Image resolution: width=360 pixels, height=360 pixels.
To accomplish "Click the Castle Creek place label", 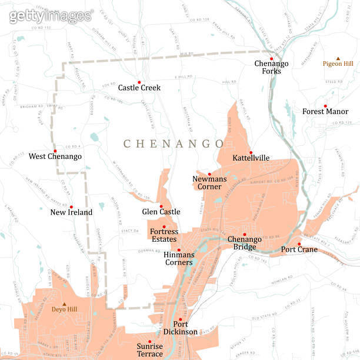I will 139,88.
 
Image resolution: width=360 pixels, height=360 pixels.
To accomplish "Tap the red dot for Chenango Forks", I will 272,59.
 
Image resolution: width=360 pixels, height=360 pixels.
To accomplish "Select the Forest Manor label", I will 325,111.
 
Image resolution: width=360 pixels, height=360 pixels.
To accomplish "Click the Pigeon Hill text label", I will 338,64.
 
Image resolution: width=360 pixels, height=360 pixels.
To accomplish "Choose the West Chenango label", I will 55,156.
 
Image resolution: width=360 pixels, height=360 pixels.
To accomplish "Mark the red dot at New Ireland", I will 71,206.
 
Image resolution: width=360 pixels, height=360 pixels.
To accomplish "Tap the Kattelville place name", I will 251,158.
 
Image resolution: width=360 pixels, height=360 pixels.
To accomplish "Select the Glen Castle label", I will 161,212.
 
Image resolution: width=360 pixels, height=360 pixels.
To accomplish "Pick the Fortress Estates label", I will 164,235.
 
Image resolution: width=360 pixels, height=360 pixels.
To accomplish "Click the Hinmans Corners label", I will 179,258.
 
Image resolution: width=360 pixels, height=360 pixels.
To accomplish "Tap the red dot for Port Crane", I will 299,244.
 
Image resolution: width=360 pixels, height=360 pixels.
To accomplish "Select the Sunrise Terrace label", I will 149,350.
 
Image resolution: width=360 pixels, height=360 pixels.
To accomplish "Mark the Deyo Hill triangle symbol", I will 65,304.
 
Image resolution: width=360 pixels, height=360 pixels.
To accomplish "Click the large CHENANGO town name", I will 174,144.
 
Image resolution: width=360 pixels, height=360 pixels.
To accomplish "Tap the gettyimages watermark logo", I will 51,16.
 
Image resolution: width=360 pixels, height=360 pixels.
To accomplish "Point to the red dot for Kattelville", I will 251,152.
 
